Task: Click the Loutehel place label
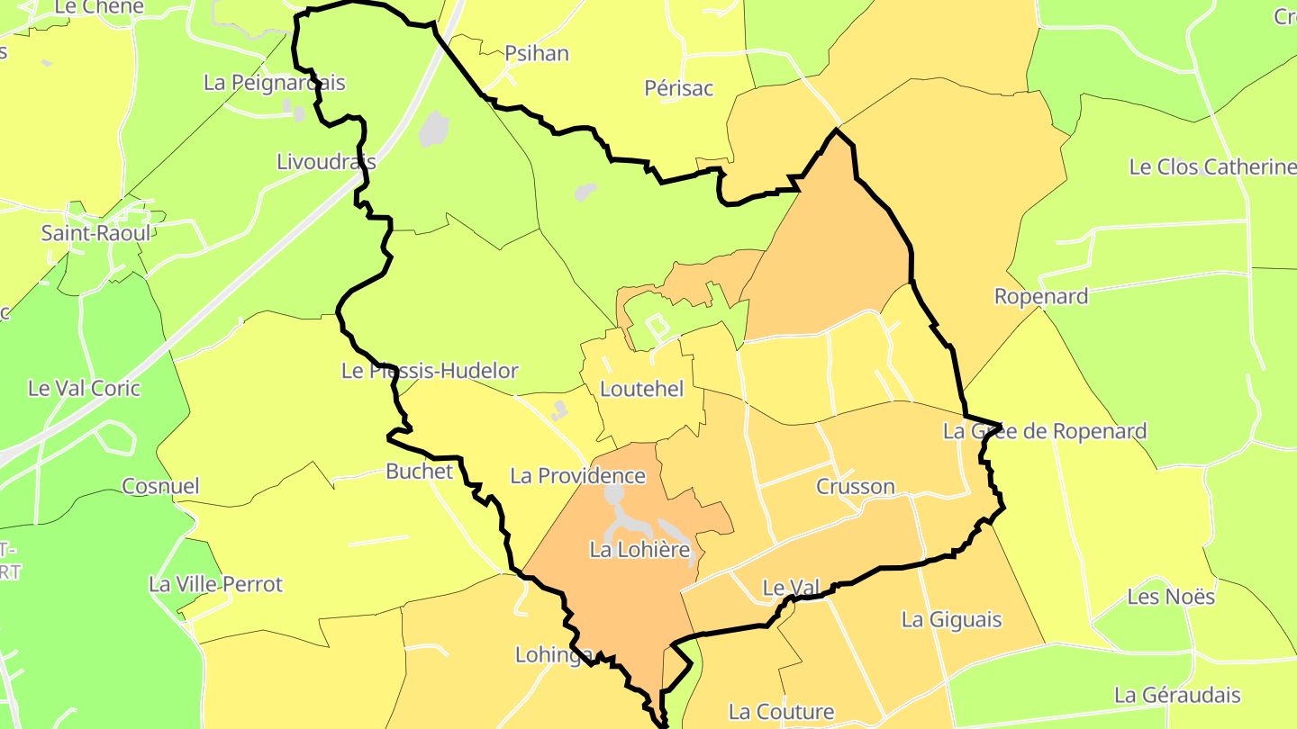click(x=641, y=390)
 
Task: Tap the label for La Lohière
click(x=639, y=549)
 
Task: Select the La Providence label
click(x=578, y=476)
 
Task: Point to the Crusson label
click(x=856, y=487)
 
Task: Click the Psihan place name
click(x=537, y=53)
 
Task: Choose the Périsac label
click(x=679, y=88)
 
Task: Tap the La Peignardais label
click(x=275, y=83)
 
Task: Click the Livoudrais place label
click(x=326, y=162)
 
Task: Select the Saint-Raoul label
click(x=96, y=233)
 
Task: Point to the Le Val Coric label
click(x=85, y=389)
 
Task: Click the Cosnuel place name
click(x=160, y=486)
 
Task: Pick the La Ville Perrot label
click(x=216, y=585)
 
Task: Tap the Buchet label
click(x=419, y=472)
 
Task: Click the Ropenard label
click(x=1041, y=296)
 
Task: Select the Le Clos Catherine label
click(x=1212, y=167)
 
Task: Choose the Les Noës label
click(x=1171, y=597)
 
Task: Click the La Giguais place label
click(x=952, y=620)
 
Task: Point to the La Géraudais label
click(x=1177, y=695)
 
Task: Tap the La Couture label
click(x=782, y=712)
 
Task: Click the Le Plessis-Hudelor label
click(x=431, y=371)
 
